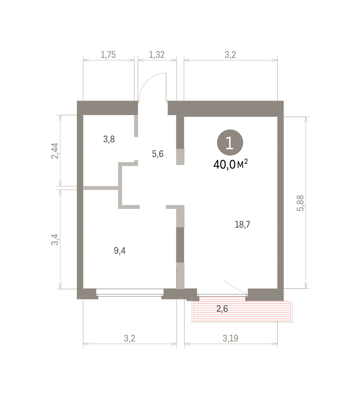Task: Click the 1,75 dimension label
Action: [x=108, y=55]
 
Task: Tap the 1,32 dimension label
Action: [x=157, y=55]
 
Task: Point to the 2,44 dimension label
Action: [x=55, y=151]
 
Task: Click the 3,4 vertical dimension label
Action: [x=55, y=240]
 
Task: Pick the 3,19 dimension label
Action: [x=230, y=339]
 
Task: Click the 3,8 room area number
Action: [x=109, y=139]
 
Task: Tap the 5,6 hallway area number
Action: [x=158, y=154]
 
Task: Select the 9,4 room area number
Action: [x=120, y=251]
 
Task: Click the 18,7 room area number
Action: [x=243, y=225]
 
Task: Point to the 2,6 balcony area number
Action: [x=222, y=309]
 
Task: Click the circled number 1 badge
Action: [x=230, y=143]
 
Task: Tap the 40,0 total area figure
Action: [x=224, y=165]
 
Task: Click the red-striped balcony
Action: [x=242, y=312]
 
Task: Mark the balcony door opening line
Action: [x=235, y=287]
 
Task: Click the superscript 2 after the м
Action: [x=246, y=162]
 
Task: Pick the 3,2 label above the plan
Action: [x=230, y=55]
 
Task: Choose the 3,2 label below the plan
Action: [x=129, y=339]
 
